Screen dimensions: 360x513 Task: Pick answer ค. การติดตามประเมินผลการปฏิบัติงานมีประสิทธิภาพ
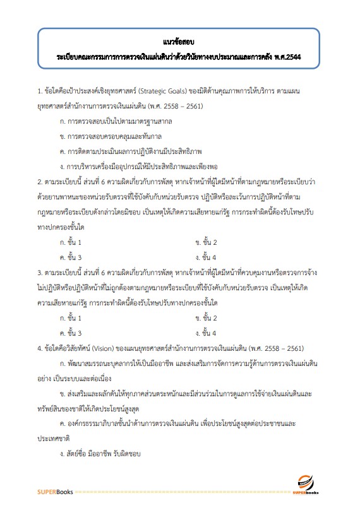[x=130, y=150]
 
